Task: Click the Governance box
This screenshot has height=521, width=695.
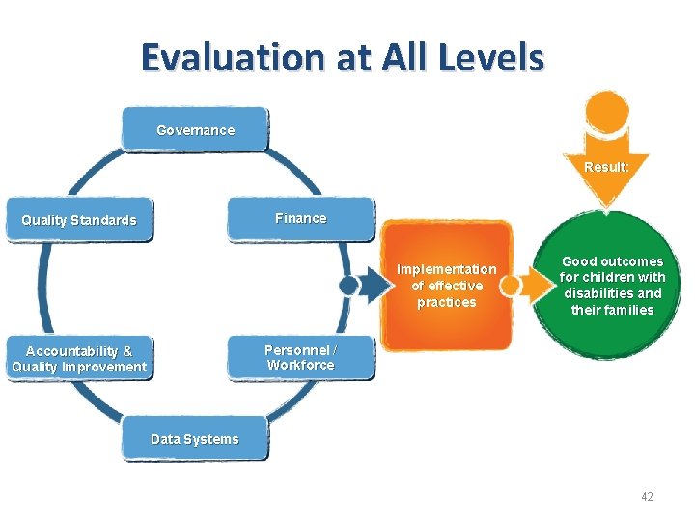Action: [x=195, y=130]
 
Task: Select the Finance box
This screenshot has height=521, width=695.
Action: [x=300, y=219]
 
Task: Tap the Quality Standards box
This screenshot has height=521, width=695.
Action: [x=79, y=220]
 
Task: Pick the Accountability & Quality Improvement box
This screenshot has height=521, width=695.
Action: [x=79, y=359]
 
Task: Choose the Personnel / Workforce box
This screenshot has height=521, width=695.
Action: [x=300, y=358]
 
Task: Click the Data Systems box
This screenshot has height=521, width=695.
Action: [x=195, y=439]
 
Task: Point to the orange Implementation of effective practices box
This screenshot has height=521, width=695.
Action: [x=447, y=286]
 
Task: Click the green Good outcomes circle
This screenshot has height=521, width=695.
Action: [x=612, y=286]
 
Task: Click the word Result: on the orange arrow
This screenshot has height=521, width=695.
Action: [x=606, y=167]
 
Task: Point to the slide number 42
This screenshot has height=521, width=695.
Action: [x=646, y=496]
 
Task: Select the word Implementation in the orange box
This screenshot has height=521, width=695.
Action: [x=447, y=269]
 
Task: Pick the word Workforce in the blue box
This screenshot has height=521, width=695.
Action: [x=300, y=366]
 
